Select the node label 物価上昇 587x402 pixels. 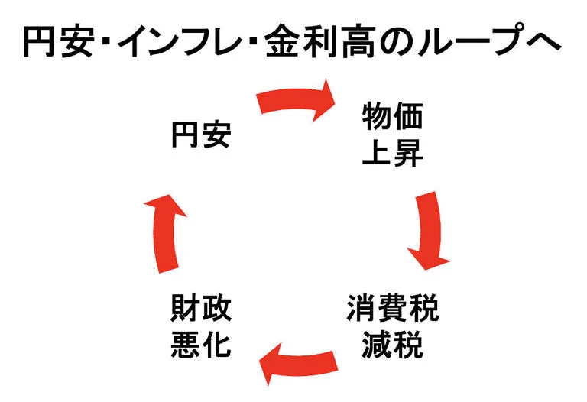[391, 135]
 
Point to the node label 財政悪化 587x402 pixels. [201, 327]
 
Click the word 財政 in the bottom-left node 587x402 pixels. [201, 310]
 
